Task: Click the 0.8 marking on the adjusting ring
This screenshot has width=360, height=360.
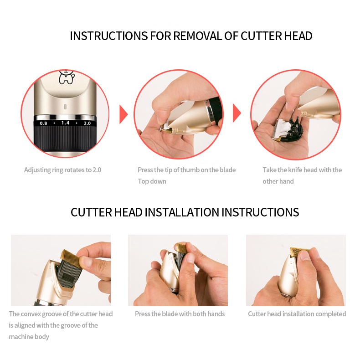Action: click(43, 123)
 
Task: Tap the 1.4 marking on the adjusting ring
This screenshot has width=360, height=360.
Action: click(65, 123)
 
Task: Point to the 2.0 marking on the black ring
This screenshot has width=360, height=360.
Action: click(87, 123)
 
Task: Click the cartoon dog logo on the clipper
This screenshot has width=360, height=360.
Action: click(67, 77)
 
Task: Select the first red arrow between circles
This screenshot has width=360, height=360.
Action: click(123, 114)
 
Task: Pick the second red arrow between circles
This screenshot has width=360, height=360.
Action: click(237, 113)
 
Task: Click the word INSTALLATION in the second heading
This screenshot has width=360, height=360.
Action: click(182, 212)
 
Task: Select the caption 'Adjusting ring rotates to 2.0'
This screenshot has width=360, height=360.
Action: click(62, 170)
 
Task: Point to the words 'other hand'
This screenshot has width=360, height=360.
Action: click(278, 181)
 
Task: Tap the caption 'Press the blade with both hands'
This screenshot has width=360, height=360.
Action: click(180, 314)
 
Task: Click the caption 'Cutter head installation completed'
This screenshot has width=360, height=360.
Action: click(297, 314)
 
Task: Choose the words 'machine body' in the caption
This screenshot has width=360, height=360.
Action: click(29, 337)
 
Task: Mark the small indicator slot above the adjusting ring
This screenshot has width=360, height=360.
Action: click(65, 107)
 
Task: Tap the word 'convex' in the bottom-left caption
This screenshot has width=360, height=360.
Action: click(31, 314)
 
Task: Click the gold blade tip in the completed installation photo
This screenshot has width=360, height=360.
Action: click(299, 252)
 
